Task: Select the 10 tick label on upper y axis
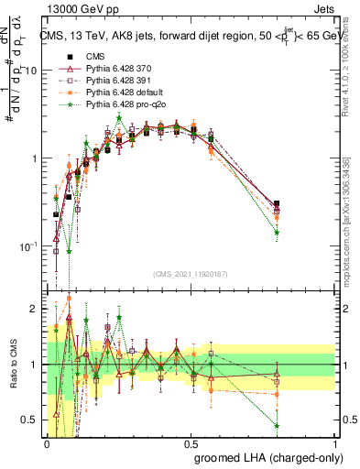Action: pyautogui.click(x=31, y=71)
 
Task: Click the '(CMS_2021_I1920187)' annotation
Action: pyautogui.click(x=191, y=272)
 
